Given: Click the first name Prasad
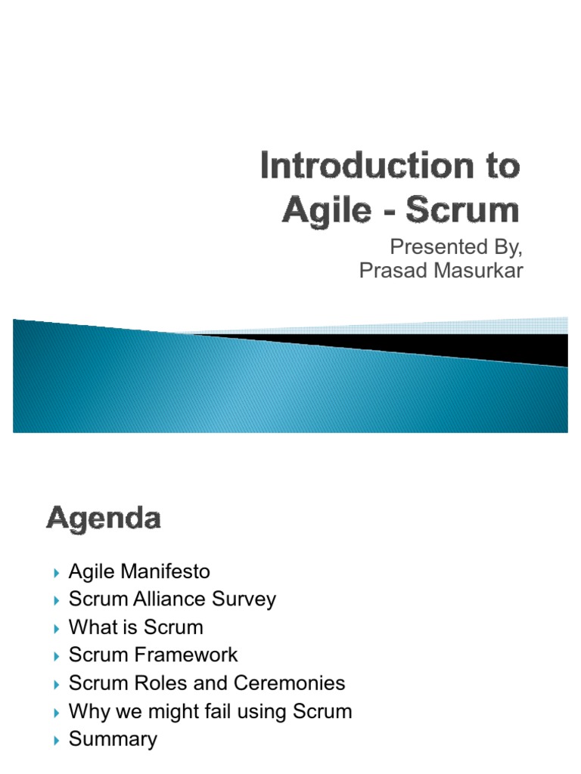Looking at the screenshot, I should (390, 271).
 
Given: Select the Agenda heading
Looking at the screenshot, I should (104, 519).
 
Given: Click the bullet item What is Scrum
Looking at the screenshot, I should (135, 627).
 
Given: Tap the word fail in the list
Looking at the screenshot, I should (226, 711).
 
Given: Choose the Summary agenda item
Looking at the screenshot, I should (113, 739).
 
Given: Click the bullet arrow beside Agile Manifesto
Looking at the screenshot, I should (57, 573).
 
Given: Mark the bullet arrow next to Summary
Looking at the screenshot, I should (57, 741).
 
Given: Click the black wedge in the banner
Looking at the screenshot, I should (454, 347).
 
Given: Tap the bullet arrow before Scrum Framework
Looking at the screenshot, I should (57, 656).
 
